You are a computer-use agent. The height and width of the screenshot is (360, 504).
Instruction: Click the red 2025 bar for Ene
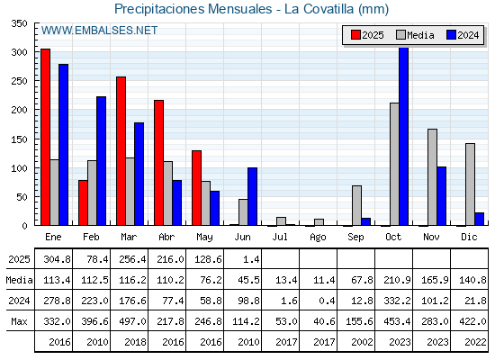pyautogui.click(x=46, y=137)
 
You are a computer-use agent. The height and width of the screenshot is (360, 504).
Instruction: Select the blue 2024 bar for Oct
pyautogui.click(x=404, y=136)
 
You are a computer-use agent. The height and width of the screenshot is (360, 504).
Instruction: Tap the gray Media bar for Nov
pyautogui.click(x=432, y=177)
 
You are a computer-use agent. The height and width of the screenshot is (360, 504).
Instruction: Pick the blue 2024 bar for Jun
pyautogui.click(x=252, y=196)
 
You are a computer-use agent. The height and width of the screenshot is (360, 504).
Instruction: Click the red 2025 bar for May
pyautogui.click(x=197, y=188)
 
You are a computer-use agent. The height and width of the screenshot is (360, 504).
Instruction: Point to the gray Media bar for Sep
pyautogui.click(x=356, y=205)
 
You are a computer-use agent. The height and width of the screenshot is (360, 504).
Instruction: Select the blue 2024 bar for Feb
pyautogui.click(x=101, y=161)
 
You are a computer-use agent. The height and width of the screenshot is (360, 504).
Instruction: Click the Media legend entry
pyautogui.click(x=415, y=35)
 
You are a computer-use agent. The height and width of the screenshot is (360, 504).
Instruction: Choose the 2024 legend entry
pyautogui.click(x=463, y=35)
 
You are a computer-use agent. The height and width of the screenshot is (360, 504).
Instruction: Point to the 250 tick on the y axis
pyautogui.click(x=20, y=81)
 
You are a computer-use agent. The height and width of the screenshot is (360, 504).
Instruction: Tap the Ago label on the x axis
pyautogui.click(x=318, y=238)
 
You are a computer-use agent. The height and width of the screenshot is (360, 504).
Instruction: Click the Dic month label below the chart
pyautogui.click(x=469, y=237)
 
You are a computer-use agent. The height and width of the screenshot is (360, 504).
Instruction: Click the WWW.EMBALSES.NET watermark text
pyautogui.click(x=99, y=31)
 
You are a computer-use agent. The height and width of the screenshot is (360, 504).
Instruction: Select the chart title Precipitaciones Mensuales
pyautogui.click(x=193, y=9)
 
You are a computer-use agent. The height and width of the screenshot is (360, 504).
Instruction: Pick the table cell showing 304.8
pyautogui.click(x=58, y=259)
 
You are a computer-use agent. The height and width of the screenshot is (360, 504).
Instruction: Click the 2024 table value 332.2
pyautogui.click(x=397, y=301)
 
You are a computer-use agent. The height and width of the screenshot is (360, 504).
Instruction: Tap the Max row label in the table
pyautogui.click(x=19, y=321)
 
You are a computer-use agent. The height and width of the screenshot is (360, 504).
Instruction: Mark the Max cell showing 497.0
pyautogui.click(x=133, y=321)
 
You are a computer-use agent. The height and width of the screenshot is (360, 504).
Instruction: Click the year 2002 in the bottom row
pyautogui.click(x=362, y=342)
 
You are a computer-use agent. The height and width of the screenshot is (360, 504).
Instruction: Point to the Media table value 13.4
pyautogui.click(x=286, y=280)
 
